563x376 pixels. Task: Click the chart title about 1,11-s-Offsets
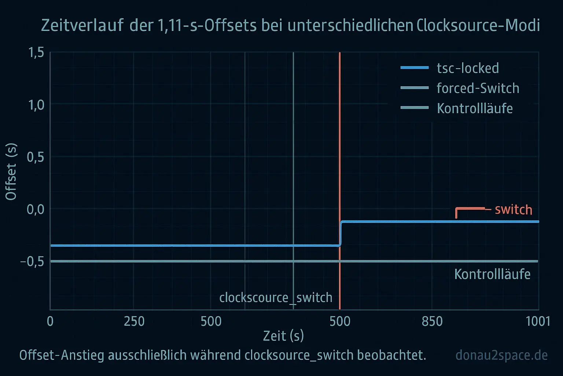290,25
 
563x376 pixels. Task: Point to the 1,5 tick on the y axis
36,53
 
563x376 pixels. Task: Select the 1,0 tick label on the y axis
36,105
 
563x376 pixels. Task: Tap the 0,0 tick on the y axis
36,209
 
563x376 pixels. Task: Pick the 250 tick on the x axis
134,321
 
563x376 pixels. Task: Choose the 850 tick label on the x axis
432,321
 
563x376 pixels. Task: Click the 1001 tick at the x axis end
538,321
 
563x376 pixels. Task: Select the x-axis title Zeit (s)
283,336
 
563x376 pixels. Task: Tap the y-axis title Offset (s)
11,171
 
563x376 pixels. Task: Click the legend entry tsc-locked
468,68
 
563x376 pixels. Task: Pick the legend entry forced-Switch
478,88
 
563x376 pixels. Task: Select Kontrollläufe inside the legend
475,108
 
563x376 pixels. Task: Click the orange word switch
514,209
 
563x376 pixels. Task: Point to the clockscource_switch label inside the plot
276,297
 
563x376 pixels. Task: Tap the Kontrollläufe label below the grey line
492,274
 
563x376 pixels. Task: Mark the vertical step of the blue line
341,234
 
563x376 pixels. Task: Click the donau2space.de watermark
501,355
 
